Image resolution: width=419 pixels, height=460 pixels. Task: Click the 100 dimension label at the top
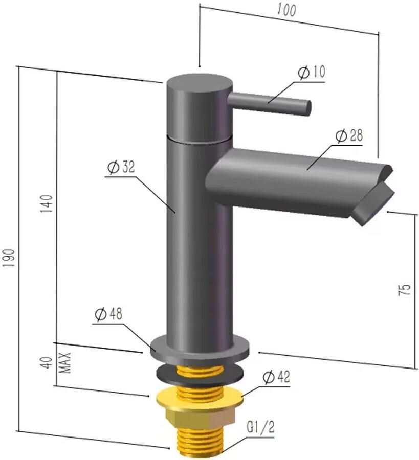[287, 11]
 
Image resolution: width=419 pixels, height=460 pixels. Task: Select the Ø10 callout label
[312, 72]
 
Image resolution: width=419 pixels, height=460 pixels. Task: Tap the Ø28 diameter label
[349, 135]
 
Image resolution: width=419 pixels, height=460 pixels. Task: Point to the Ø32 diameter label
[121, 167]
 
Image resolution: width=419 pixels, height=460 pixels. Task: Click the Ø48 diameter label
[108, 314]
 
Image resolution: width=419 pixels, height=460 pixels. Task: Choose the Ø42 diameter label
[276, 377]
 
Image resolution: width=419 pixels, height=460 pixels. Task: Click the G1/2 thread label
[260, 427]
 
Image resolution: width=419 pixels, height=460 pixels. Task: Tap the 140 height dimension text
[47, 204]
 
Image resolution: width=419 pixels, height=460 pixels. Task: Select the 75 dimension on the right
[404, 290]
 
